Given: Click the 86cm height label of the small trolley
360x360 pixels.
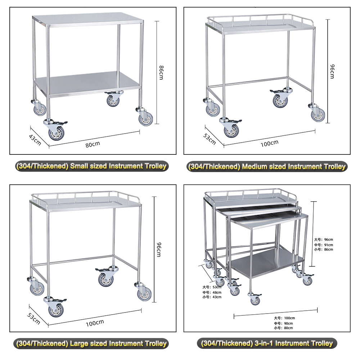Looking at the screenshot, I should pyautogui.click(x=161, y=72).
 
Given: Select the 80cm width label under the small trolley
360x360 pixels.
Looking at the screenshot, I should pyautogui.click(x=93, y=144).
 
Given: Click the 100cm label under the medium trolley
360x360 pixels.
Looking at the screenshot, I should pyautogui.click(x=270, y=143).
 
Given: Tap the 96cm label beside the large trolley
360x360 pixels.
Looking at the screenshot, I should pyautogui.click(x=158, y=249).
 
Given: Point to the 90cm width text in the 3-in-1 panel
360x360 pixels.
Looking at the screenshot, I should pyautogui.click(x=284, y=323).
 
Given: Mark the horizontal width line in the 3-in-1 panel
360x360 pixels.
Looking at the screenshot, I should pyautogui.click(x=275, y=312).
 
